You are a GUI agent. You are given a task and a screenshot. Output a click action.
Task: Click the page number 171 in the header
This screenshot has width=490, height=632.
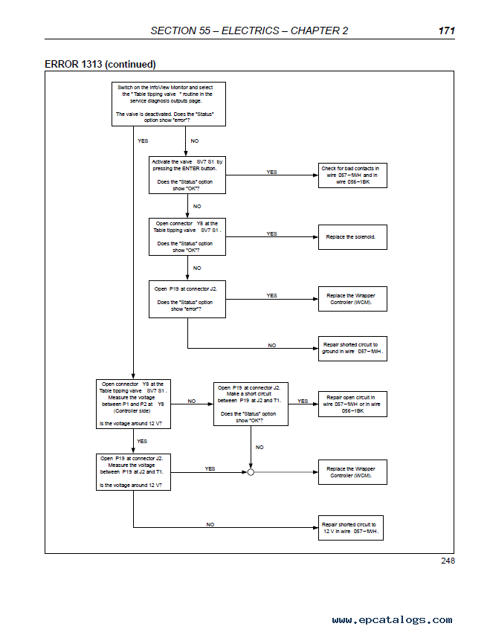[446, 30]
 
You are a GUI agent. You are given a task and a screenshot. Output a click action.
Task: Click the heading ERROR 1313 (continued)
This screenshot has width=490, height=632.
[100, 64]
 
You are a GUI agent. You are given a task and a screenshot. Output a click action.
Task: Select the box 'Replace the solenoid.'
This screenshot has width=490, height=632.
[352, 237]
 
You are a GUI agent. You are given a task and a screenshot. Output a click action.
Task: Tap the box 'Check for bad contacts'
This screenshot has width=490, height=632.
[352, 175]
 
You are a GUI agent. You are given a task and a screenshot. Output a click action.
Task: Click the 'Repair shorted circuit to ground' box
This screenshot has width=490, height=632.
[352, 349]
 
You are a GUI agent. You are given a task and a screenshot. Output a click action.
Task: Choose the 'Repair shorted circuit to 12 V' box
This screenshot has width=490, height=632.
[350, 528]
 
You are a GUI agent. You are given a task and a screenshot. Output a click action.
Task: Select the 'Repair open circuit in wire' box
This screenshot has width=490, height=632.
[352, 404]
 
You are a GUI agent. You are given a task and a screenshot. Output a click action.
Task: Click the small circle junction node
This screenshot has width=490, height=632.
[251, 472]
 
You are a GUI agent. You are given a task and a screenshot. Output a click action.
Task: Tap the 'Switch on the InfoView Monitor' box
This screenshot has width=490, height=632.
[169, 104]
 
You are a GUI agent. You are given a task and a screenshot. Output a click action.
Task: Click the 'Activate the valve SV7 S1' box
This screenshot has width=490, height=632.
[187, 175]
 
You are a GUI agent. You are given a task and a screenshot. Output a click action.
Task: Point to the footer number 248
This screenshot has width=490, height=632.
[448, 561]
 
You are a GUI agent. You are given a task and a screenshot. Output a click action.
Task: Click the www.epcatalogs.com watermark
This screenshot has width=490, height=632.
[392, 619]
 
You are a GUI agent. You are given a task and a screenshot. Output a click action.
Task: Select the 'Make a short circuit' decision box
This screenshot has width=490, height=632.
[251, 404]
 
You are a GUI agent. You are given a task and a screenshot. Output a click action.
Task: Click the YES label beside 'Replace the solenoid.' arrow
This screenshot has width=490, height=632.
[271, 233]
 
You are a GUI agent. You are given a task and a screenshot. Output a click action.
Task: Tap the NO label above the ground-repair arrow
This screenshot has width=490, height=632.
[272, 346]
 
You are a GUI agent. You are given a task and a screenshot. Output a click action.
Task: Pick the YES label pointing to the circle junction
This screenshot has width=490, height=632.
[210, 468]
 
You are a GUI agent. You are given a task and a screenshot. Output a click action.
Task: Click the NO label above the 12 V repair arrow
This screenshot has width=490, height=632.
[210, 524]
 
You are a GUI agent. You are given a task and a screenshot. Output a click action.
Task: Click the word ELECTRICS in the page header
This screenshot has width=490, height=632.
[251, 30]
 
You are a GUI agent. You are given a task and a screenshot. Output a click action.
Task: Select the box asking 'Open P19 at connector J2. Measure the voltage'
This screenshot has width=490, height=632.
[133, 472]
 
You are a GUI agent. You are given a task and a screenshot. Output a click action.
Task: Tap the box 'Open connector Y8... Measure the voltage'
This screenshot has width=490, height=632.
[133, 404]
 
